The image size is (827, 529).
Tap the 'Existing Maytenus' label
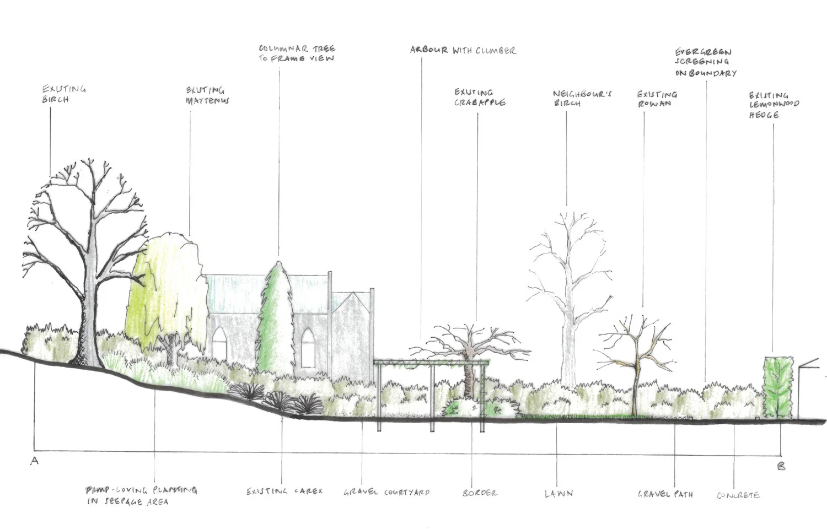click(207, 95)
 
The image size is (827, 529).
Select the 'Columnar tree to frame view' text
click(297, 53)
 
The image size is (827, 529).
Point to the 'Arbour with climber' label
click(463, 50)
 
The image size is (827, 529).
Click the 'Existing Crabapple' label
click(479, 97)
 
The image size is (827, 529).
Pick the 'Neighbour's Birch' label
click(575, 98)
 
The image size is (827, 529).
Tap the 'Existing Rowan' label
click(657, 99)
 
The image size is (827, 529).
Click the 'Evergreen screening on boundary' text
click(706, 63)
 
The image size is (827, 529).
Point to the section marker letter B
click(781, 466)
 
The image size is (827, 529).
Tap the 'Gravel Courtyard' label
click(386, 492)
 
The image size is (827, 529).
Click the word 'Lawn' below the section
click(559, 493)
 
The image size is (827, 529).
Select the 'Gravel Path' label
click(665, 494)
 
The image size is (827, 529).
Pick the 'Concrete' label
click(738, 495)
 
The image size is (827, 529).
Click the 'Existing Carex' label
click(284, 491)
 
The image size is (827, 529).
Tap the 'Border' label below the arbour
click(480, 492)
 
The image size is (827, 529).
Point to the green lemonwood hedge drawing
click(777, 387)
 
